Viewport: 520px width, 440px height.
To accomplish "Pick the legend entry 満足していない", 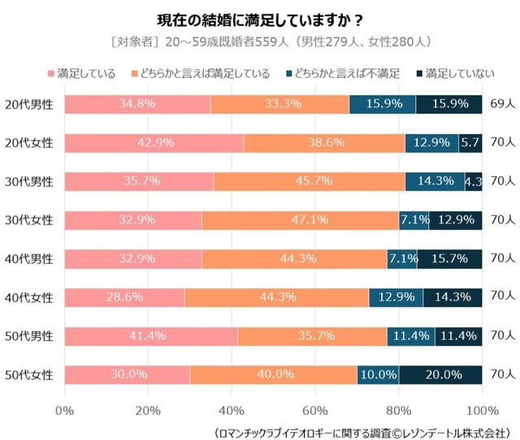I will click(454, 75).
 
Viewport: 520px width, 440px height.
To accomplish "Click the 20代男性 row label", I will click(28, 104).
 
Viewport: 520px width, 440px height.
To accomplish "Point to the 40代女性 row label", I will click(28, 297).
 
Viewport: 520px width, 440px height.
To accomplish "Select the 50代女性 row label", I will click(28, 374).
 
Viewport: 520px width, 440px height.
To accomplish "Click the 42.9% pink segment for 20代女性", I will click(154, 143).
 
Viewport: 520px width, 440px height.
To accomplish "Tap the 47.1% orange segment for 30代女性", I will click(300, 220).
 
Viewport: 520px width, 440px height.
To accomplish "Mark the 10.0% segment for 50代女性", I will click(378, 374).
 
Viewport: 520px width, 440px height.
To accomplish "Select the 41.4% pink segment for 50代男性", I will click(150, 336).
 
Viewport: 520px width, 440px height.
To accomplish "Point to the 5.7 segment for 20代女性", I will click(470, 143).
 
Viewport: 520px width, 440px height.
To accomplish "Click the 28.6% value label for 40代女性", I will click(124, 297).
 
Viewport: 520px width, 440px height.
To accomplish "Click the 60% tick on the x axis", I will click(314, 409).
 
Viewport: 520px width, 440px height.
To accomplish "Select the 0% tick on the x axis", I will click(64, 409).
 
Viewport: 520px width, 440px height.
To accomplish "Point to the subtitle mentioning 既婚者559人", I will click(260, 41).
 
